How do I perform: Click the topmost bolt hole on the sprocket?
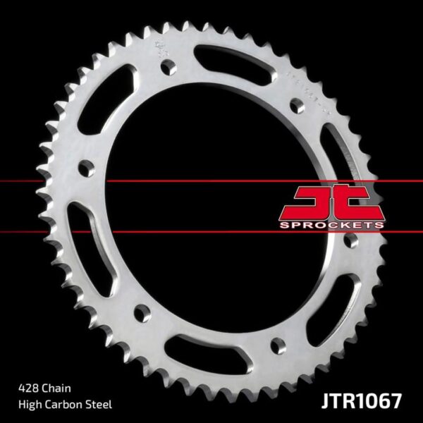168,67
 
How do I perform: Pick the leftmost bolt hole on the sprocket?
85,168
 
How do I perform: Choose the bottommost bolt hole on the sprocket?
274,345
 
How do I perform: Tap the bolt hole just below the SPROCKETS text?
350,241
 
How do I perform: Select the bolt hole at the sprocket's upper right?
297,106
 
